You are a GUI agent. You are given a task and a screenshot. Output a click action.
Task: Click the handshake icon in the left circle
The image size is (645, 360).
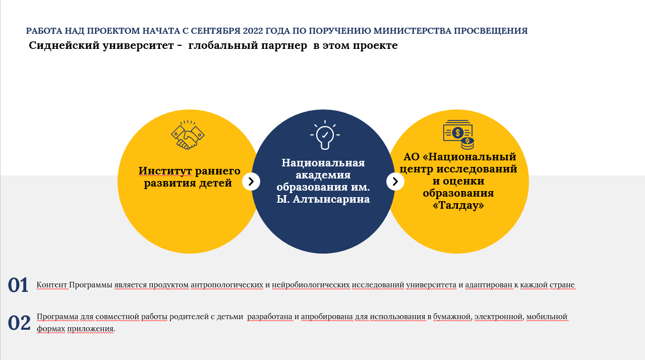(x=188, y=135)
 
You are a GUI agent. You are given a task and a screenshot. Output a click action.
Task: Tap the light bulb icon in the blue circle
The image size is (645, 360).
(x=325, y=135)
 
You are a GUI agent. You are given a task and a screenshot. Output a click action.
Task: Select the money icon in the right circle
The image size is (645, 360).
(x=458, y=135)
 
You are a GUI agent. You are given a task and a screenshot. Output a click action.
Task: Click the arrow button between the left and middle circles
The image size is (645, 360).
(x=251, y=182)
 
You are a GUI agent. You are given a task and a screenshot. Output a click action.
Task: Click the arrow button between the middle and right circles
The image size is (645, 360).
(x=395, y=182)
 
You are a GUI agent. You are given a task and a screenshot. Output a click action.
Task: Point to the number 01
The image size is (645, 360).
(x=18, y=285)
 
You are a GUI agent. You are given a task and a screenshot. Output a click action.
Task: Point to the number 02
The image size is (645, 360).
(x=19, y=323)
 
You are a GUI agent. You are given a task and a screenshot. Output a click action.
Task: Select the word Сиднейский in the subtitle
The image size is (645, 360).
(x=64, y=45)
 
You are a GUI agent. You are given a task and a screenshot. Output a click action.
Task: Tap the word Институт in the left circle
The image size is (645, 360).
(x=165, y=171)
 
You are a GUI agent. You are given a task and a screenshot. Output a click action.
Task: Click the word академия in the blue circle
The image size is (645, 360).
(x=323, y=175)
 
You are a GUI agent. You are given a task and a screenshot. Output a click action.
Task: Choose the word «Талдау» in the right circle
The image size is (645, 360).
(x=458, y=205)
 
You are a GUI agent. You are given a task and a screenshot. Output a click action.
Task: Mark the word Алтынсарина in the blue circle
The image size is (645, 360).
(x=331, y=199)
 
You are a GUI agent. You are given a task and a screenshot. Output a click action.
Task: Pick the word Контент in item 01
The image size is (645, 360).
(x=51, y=285)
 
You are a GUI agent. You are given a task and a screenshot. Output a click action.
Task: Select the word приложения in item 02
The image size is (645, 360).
(x=91, y=329)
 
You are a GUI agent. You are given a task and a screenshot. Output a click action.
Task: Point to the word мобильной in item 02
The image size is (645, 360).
(x=547, y=317)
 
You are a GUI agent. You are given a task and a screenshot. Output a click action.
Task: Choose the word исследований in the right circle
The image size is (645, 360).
(x=477, y=169)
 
